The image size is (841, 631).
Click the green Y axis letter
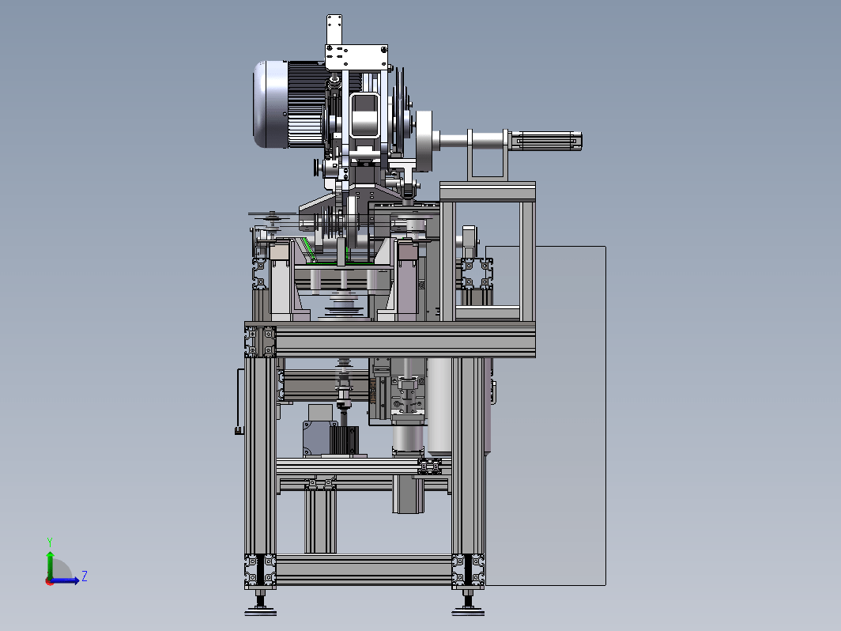49,542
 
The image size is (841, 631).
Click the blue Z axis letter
85,576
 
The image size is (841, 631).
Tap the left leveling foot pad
261,611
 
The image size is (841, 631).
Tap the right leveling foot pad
468,611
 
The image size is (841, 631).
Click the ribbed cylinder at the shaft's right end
545,141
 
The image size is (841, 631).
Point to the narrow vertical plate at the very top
334,30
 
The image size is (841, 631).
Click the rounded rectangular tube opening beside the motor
364,116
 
